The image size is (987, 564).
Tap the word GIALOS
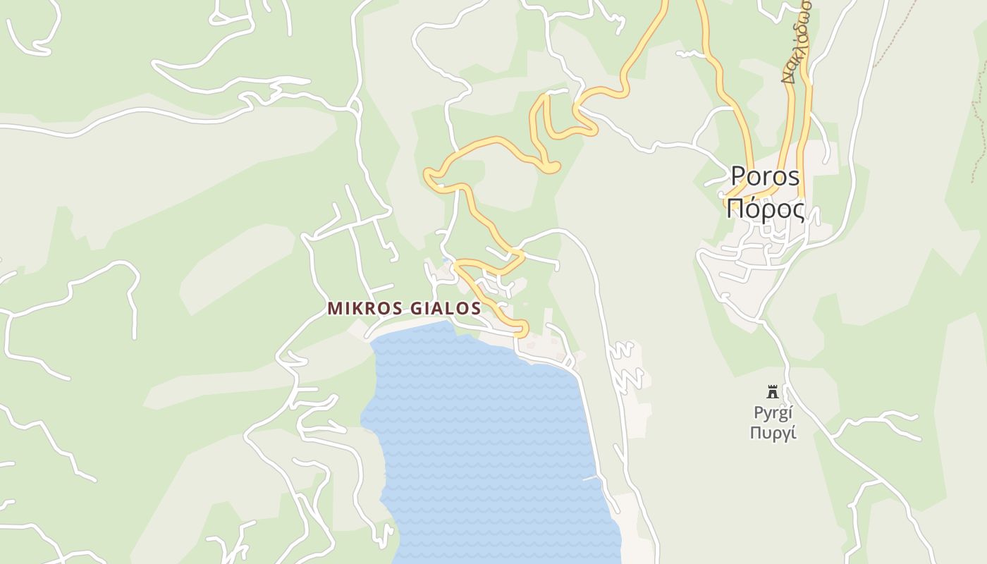pos(449,309)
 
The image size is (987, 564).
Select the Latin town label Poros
pos(765,176)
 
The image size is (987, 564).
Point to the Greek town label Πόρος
pos(765,209)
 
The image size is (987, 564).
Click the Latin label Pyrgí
pos(773,413)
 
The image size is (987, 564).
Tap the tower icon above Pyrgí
pos(773,392)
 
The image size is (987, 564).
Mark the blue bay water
pos(486,437)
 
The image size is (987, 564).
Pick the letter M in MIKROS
pos(334,309)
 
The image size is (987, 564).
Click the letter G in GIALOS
pos(420,309)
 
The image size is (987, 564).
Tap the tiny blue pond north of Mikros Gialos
pos(445,262)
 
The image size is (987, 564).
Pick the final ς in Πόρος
pos(798,211)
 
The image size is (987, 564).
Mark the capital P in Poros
pos(737,176)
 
